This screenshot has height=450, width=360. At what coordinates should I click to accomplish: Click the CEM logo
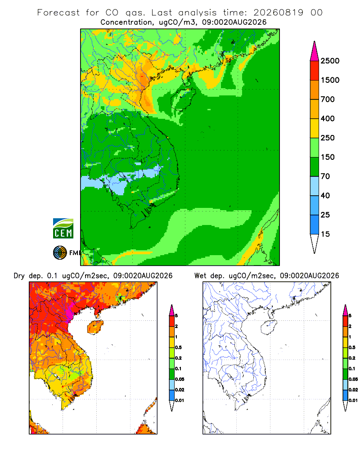[x=63, y=229]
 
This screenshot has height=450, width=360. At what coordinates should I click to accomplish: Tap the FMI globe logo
[x=60, y=253]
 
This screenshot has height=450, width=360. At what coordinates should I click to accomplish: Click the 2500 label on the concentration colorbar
[x=330, y=61]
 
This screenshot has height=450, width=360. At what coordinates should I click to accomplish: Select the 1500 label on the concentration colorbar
[x=330, y=80]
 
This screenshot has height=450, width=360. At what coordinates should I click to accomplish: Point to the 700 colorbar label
[x=328, y=99]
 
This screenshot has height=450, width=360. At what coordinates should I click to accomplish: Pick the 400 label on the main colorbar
[x=328, y=118]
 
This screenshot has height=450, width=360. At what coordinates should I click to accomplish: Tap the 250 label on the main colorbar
[x=328, y=138]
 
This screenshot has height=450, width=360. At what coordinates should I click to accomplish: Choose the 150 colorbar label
[x=328, y=157]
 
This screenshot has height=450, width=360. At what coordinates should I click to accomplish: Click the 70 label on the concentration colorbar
[x=325, y=176]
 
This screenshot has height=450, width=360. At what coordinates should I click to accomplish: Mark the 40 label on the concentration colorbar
[x=325, y=195]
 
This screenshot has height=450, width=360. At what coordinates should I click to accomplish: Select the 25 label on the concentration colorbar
[x=325, y=215]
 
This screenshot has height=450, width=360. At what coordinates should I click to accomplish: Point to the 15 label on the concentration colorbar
[x=325, y=234]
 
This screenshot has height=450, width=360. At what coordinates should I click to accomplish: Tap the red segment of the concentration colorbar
[x=315, y=71]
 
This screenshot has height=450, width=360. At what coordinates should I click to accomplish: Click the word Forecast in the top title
[x=58, y=13]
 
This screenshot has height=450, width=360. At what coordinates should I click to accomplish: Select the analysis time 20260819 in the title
[x=278, y=13]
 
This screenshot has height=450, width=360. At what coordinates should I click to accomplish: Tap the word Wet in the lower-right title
[x=200, y=276]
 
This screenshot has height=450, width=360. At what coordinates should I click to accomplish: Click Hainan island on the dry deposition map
[x=95, y=328]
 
